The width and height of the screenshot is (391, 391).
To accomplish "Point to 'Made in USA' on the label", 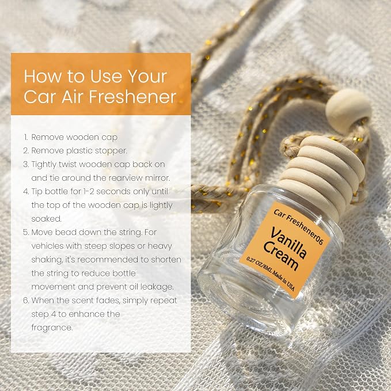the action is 283,280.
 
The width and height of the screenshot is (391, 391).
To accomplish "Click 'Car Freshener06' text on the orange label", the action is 298,226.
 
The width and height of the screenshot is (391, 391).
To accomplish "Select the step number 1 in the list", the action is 26,137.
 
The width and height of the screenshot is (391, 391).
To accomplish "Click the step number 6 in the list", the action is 26,300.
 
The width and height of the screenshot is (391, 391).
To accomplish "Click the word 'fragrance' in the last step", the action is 52,328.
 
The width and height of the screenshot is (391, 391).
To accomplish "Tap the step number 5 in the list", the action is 26,233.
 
